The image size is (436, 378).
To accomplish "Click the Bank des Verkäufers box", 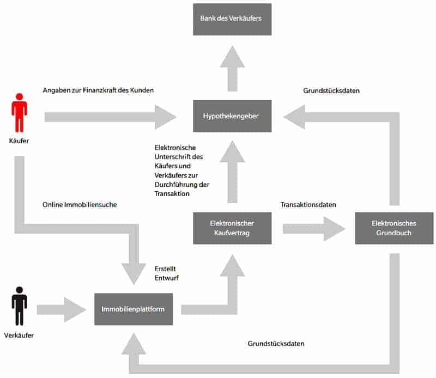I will point(232,19).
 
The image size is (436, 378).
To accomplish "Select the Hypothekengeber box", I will point(232,116).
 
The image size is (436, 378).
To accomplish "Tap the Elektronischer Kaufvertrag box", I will point(232,228).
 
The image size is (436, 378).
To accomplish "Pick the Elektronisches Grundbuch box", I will point(394,228).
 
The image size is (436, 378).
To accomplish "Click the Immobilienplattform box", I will point(133,309).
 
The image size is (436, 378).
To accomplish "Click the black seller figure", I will point(19,306).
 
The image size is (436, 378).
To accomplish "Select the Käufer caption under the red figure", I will point(19,141).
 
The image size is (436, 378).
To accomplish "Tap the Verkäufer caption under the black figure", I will point(19,336).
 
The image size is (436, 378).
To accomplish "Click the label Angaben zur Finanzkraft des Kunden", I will point(98,90).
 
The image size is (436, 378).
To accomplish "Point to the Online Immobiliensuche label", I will point(80,205).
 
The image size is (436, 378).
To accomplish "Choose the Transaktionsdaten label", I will point(308,205).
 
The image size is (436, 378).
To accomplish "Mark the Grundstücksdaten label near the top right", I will point(331,91).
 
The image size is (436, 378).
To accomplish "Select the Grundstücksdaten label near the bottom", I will point(276,344).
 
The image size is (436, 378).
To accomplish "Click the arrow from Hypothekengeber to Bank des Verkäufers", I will point(232,68).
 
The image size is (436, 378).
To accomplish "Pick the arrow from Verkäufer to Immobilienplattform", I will point(61,309).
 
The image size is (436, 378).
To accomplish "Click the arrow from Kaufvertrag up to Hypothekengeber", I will point(232,172).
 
